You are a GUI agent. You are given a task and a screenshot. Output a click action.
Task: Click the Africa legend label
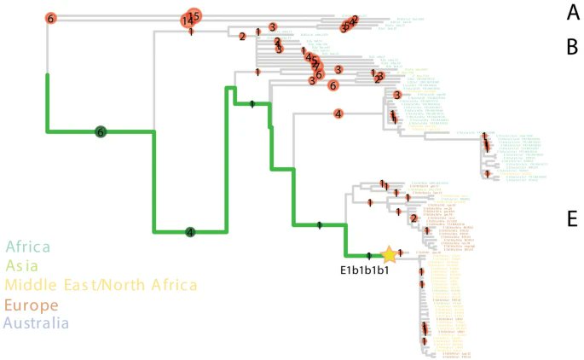29,247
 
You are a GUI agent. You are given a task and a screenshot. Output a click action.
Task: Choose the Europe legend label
32,305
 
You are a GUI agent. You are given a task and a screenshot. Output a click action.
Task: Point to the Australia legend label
38,324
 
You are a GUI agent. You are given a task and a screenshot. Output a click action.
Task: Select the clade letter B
573,47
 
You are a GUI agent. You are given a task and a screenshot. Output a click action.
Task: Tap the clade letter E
573,219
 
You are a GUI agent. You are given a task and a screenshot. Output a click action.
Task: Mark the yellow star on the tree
389,254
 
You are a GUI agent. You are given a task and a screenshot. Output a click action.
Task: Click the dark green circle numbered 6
101,131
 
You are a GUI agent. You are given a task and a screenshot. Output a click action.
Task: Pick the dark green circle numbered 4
191,231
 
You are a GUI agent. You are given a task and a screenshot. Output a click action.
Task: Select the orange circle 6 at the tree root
50,18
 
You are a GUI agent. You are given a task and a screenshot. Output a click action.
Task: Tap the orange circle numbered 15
194,15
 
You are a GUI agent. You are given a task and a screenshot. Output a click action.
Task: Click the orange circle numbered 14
185,20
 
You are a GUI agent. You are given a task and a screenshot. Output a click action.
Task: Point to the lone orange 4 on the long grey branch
338,113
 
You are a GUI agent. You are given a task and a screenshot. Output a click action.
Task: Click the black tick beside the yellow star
368,255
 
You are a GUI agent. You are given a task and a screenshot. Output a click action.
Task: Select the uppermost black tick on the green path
252,104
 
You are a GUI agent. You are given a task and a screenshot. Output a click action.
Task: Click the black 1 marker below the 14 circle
191,32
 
